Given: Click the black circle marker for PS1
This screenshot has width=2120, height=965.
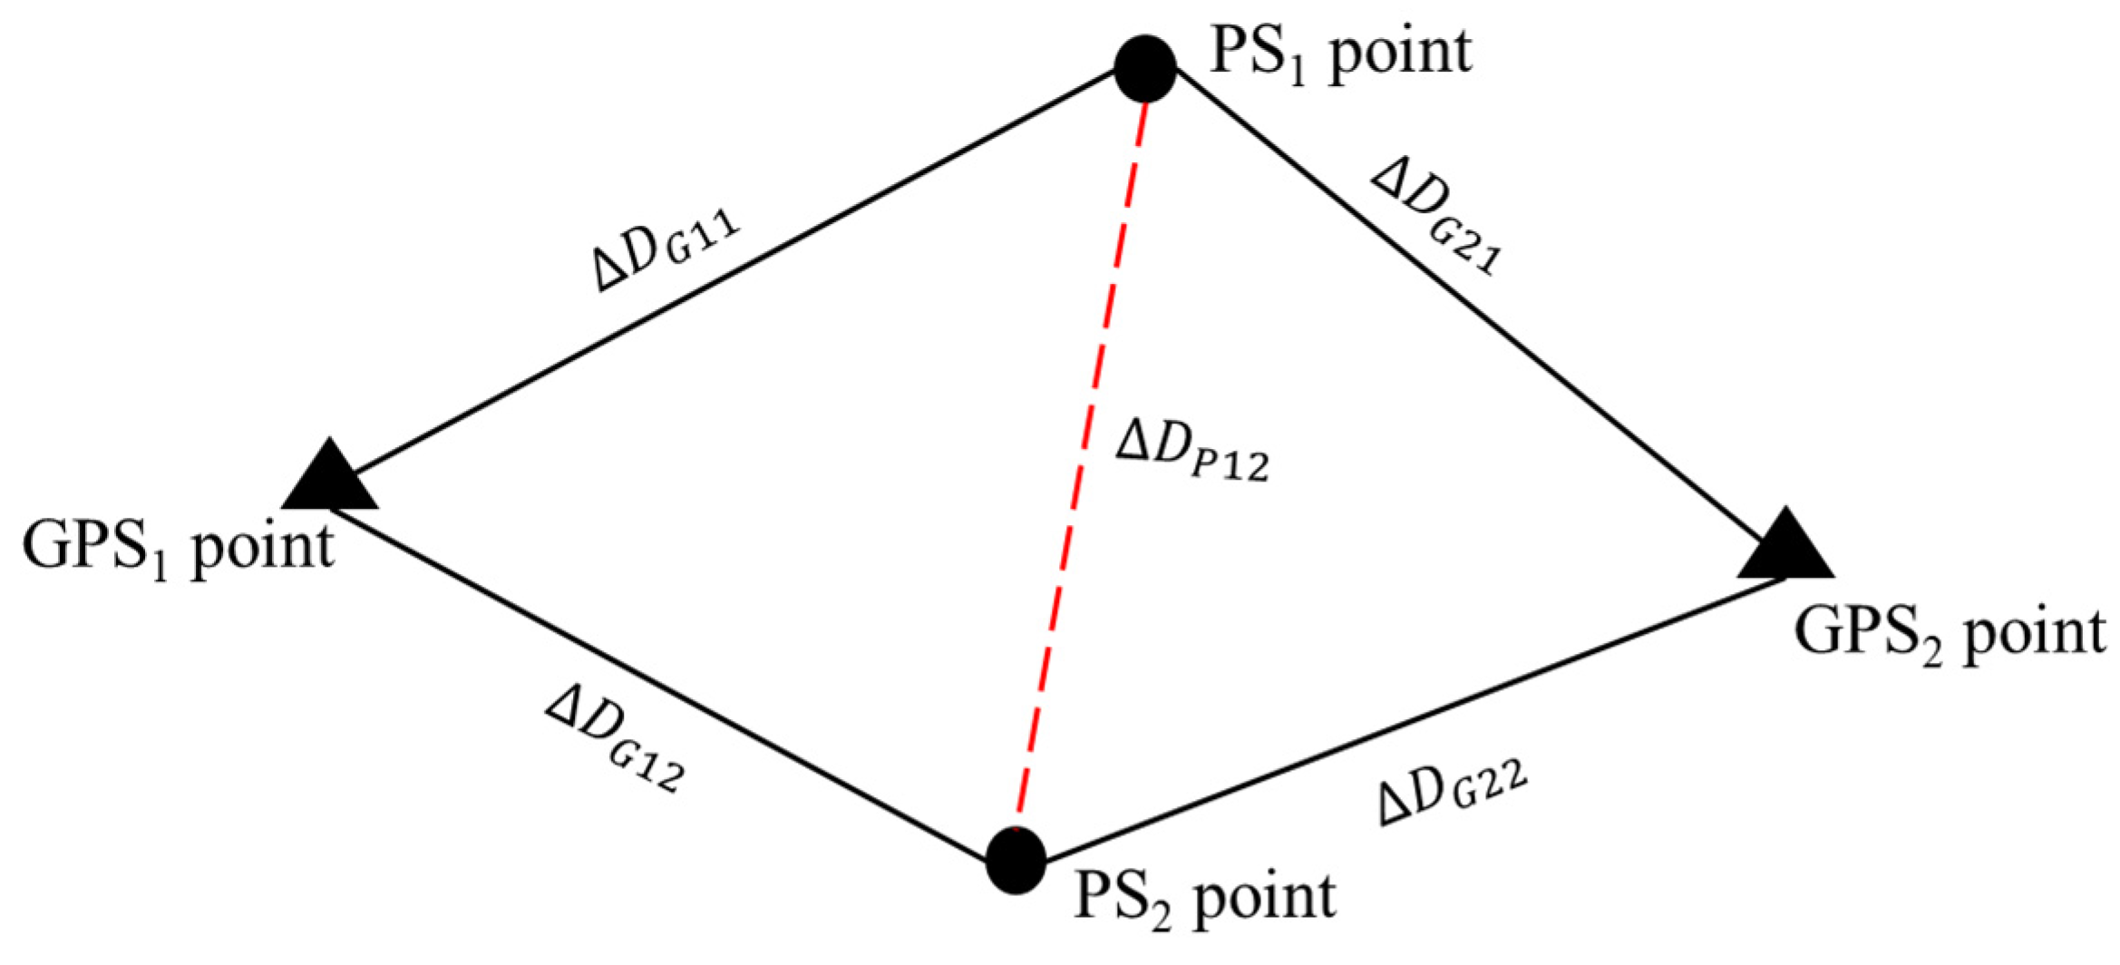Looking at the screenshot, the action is (x=1145, y=68).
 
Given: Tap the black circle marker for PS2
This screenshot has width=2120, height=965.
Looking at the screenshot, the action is (x=1016, y=860).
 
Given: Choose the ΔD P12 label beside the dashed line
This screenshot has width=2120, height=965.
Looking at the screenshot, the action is (x=1191, y=450).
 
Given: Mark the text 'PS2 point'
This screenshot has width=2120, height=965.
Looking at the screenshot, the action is (x=1204, y=899).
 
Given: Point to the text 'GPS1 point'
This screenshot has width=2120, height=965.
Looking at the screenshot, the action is (x=178, y=548).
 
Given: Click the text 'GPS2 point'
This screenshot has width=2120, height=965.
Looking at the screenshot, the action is (x=1950, y=634).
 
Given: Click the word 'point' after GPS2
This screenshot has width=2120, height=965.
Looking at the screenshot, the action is (x=2034, y=634).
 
